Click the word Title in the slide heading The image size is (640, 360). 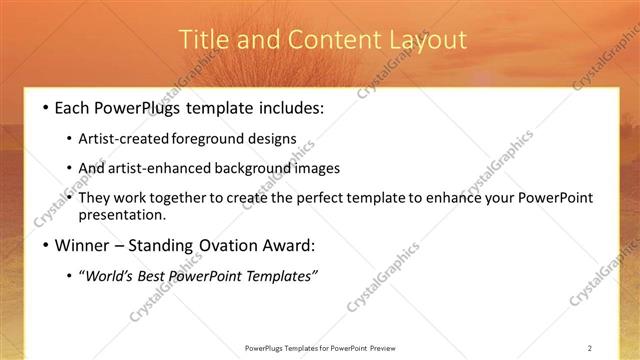pyautogui.click(x=201, y=40)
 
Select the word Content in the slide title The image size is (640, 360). pyautogui.click(x=320, y=40)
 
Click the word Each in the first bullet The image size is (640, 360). pyautogui.click(x=74, y=106)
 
